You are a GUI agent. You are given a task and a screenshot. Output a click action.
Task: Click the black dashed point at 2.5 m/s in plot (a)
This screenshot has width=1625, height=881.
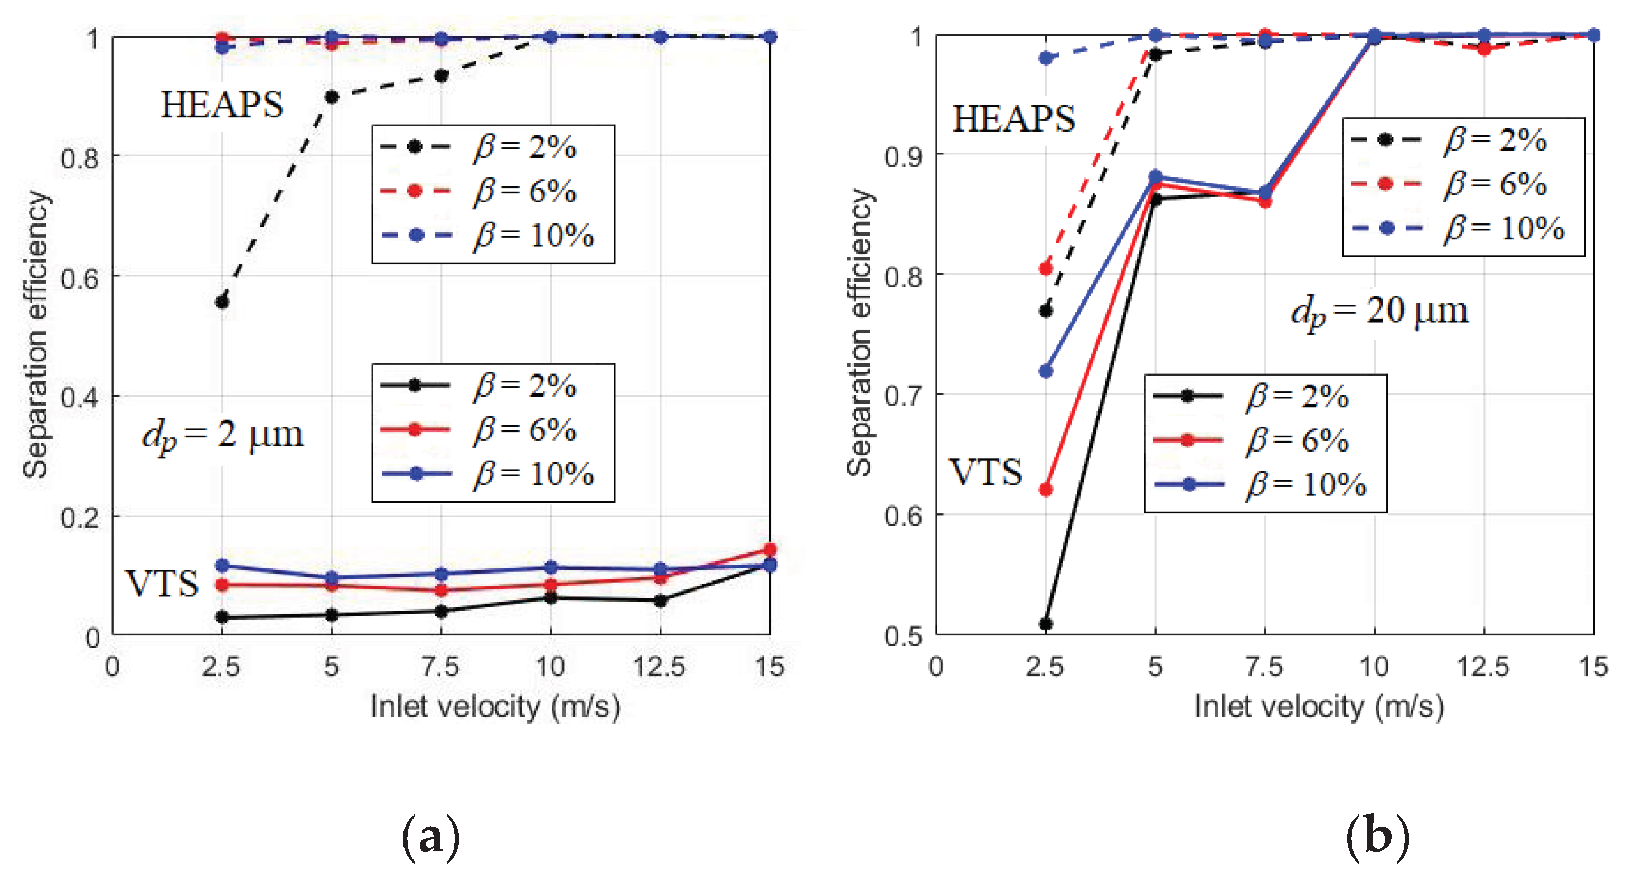click(222, 302)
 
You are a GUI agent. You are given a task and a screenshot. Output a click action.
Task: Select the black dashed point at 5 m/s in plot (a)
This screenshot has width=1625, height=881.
click(331, 97)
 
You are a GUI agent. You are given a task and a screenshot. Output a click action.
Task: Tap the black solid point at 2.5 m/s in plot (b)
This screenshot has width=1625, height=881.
click(1045, 624)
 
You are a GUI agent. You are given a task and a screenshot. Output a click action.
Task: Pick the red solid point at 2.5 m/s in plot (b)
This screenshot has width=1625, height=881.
click(1045, 489)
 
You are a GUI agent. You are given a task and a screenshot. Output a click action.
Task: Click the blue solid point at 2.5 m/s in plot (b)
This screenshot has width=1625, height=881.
click(1045, 371)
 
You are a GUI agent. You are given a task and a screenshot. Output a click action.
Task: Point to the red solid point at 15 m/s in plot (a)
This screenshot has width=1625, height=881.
click(769, 550)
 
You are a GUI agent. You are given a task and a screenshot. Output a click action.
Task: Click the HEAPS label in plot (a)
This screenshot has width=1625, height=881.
click(222, 105)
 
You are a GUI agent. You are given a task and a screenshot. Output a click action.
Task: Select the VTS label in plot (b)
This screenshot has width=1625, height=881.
click(985, 473)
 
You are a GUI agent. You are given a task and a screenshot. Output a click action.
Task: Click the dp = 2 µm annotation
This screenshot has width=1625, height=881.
click(222, 435)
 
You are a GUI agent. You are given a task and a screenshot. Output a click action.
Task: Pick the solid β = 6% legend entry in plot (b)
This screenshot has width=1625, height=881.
click(1265, 440)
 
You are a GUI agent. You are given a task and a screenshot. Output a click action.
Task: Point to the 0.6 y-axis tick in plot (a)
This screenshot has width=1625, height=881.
click(80, 278)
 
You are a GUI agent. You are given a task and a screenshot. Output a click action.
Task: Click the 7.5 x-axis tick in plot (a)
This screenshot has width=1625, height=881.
click(440, 667)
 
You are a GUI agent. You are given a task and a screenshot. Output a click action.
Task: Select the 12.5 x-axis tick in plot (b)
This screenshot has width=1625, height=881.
click(1483, 667)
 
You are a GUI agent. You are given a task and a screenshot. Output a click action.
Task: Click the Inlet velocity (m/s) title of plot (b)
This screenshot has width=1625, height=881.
click(1319, 706)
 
